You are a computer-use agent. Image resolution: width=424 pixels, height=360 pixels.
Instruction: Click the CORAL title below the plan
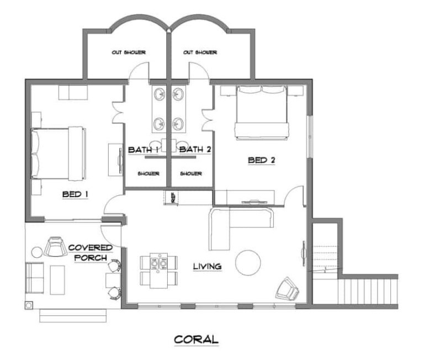click(197, 340)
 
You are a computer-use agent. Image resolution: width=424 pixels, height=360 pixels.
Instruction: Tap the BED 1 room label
click(75, 194)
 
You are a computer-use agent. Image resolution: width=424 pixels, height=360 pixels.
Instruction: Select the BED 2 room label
click(262, 160)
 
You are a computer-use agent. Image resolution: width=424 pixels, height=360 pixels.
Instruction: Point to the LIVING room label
click(208, 267)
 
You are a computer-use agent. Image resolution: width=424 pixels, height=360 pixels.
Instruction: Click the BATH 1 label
click(143, 150)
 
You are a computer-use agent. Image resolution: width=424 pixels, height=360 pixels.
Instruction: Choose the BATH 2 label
click(195, 150)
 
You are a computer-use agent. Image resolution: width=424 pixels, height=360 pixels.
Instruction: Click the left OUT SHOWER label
click(129, 52)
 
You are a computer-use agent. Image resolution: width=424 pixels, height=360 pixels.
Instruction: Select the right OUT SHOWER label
click(200, 52)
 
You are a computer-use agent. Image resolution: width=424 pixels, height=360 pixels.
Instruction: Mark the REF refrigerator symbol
click(172, 198)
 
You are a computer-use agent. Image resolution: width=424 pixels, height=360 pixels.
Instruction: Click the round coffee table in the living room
click(248, 263)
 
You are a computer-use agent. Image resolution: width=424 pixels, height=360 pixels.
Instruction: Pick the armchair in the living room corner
click(287, 289)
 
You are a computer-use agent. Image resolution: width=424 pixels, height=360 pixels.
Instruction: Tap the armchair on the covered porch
click(55, 246)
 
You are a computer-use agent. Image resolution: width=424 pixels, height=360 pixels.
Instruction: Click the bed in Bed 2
click(261, 113)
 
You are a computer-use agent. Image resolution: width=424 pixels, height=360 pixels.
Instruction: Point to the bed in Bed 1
click(59, 153)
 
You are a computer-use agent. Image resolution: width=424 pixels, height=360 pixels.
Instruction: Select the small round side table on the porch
click(37, 252)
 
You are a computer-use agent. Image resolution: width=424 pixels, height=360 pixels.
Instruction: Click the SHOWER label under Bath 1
click(149, 173)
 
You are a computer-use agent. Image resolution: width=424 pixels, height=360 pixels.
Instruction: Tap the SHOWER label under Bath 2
click(191, 173)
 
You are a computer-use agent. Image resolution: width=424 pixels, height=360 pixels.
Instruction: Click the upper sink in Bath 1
click(160, 94)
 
